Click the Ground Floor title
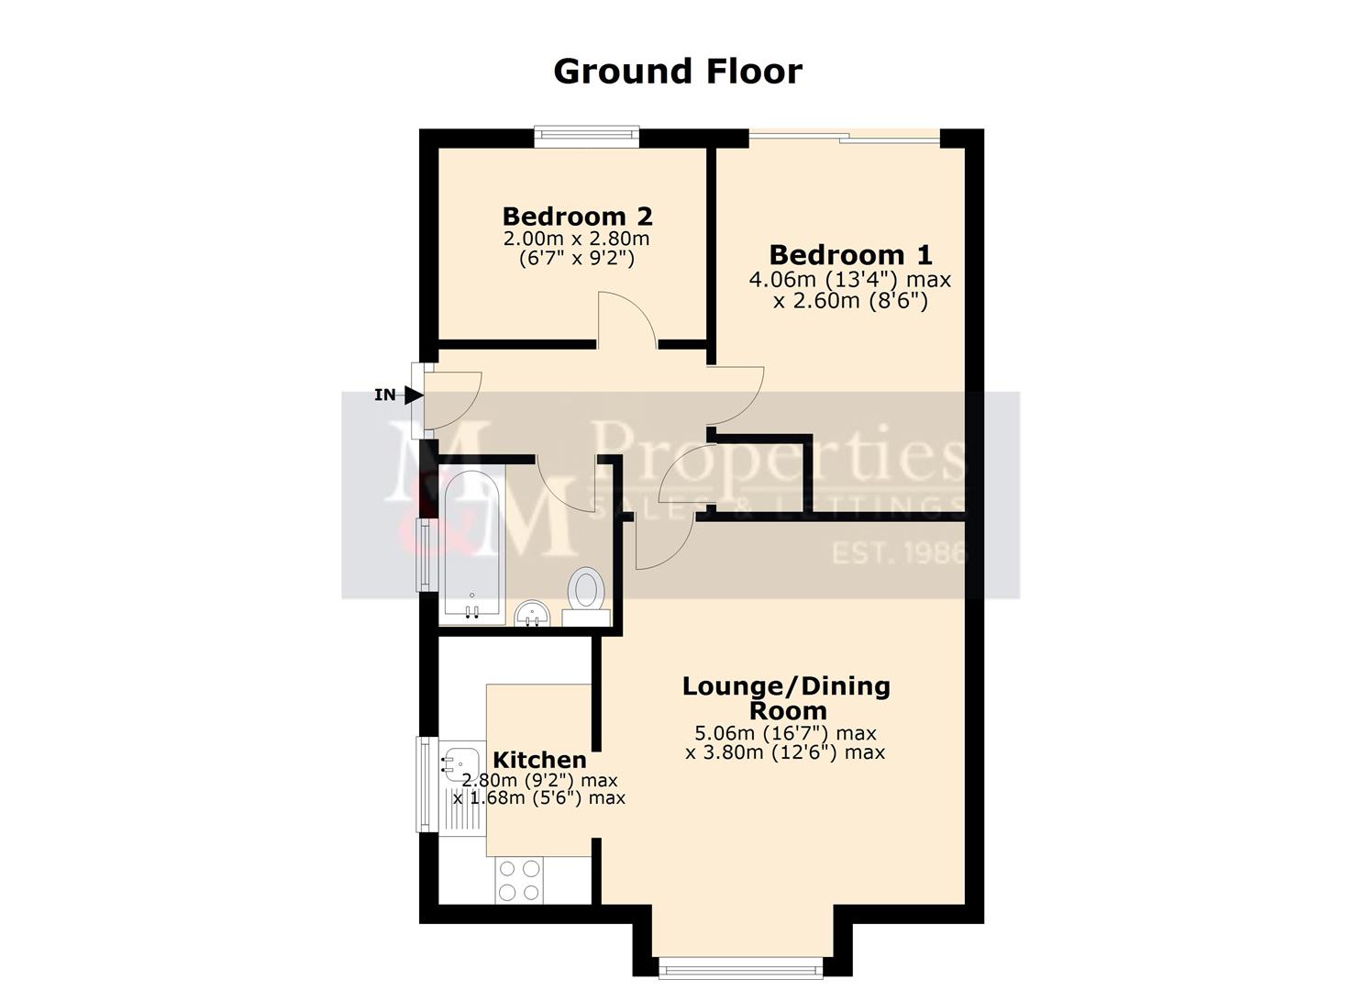(x=678, y=72)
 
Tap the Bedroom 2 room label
(x=577, y=217)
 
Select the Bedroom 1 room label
(x=850, y=254)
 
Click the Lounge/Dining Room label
(x=786, y=698)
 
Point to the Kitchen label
(x=539, y=760)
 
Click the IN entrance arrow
(x=413, y=395)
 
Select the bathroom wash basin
(x=532, y=613)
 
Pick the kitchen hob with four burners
(x=518, y=879)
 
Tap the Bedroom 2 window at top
(x=587, y=136)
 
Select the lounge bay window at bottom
(x=741, y=967)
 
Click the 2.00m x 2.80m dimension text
(x=576, y=239)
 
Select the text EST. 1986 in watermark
(x=899, y=553)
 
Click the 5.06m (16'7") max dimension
(x=785, y=733)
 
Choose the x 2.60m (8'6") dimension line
(x=850, y=300)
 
